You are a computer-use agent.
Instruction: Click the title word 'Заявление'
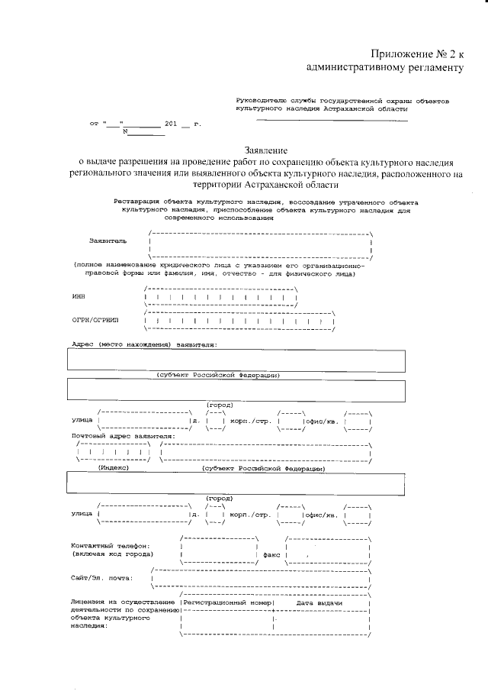(x=268, y=150)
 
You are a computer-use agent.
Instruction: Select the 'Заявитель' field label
(x=108, y=241)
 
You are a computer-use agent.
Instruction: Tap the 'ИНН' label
(x=79, y=296)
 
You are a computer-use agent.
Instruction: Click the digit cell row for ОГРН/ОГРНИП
(x=238, y=321)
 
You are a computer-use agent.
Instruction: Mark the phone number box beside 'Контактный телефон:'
(x=218, y=551)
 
